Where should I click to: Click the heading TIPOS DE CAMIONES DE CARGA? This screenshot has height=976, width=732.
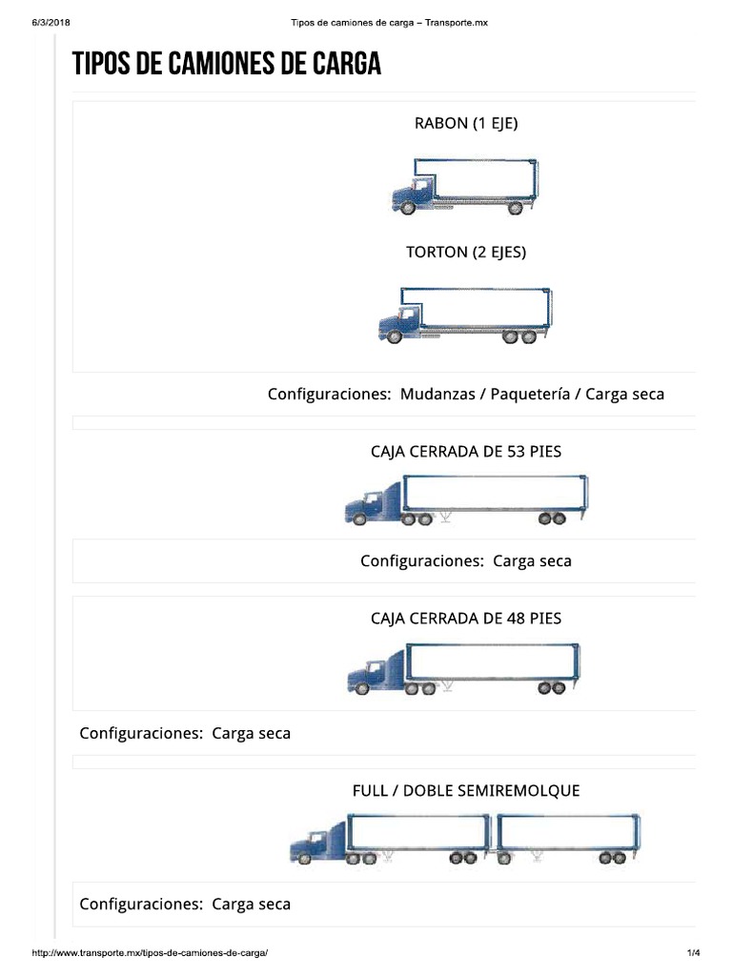227,64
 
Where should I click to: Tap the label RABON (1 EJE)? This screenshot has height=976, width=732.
466,123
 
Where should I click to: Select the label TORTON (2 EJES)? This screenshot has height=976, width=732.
466,253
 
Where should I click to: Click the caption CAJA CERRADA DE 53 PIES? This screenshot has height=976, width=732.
466,452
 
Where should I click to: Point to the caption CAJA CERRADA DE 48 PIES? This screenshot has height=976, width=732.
466,619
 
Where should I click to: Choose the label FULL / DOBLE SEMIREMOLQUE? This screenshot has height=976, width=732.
466,791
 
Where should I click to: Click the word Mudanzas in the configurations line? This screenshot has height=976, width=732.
437,394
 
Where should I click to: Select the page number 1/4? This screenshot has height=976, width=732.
693,953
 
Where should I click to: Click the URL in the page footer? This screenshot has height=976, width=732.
150,953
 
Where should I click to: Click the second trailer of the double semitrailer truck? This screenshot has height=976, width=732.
566,832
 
